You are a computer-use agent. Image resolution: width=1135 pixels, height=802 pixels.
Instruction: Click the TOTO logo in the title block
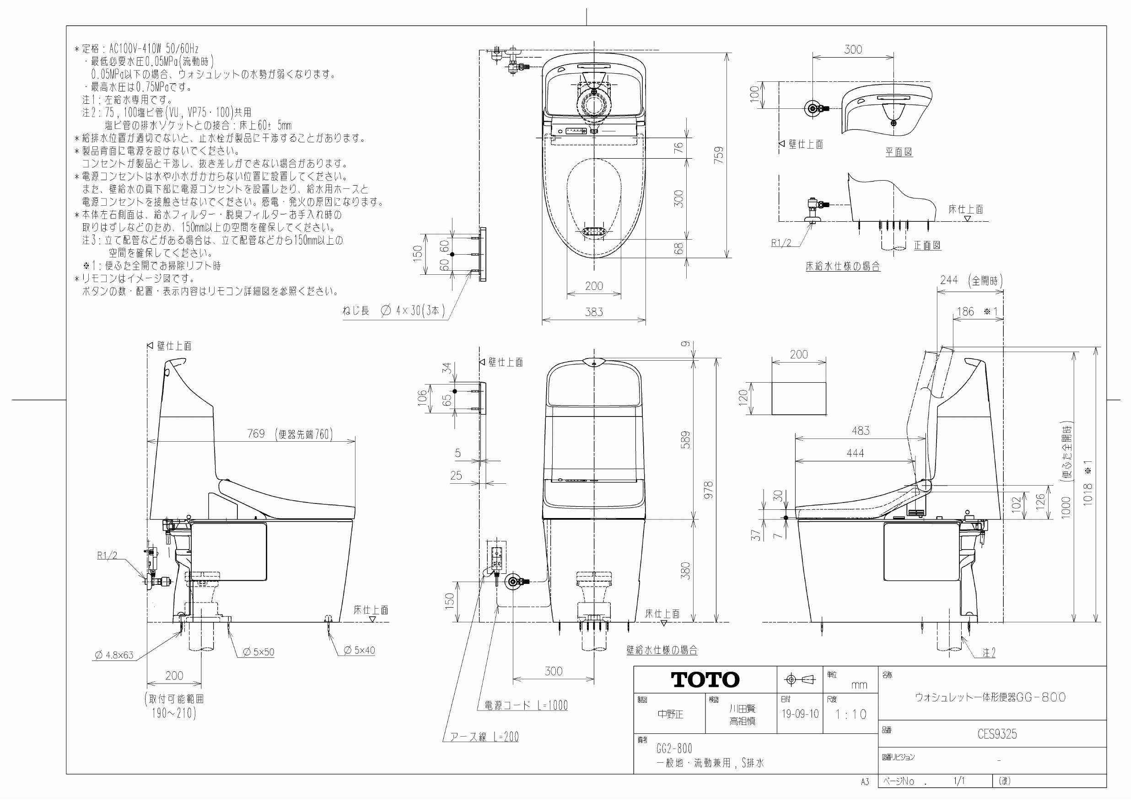pyautogui.click(x=705, y=680)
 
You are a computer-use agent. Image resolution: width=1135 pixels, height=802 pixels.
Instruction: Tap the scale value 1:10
pyautogui.click(x=851, y=714)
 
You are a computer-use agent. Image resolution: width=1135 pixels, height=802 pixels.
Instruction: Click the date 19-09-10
pyautogui.click(x=800, y=714)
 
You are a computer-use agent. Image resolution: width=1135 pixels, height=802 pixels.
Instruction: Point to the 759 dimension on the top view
pyautogui.click(x=720, y=155)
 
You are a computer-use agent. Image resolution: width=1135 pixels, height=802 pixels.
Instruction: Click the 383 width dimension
pyautogui.click(x=594, y=312)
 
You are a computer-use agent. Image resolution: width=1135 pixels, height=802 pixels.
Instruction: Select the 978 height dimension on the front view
pyautogui.click(x=709, y=490)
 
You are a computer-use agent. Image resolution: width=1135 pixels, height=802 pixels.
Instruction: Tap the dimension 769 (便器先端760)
pyautogui.click(x=290, y=434)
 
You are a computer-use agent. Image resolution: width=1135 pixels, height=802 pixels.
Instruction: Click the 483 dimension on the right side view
pyautogui.click(x=860, y=431)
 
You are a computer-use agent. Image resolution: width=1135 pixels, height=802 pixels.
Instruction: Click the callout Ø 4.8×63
pyautogui.click(x=114, y=655)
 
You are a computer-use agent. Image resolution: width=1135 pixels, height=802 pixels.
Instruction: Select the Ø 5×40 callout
pyautogui.click(x=360, y=650)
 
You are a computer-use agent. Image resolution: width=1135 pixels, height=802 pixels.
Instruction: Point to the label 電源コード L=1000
pyautogui.click(x=522, y=706)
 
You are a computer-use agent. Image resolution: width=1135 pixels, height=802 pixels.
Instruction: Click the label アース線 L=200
pyautogui.click(x=484, y=737)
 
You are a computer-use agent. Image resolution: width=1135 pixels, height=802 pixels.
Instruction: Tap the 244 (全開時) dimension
pyautogui.click(x=971, y=280)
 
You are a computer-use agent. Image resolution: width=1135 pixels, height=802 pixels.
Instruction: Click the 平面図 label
pyautogui.click(x=898, y=152)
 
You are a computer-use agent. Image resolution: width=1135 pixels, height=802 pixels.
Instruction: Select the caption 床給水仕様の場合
pyautogui.click(x=843, y=267)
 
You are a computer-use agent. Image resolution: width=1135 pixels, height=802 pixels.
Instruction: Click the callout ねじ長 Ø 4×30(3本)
pyautogui.click(x=393, y=311)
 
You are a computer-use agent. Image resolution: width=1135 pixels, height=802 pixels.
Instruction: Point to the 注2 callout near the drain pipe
pyautogui.click(x=989, y=653)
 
